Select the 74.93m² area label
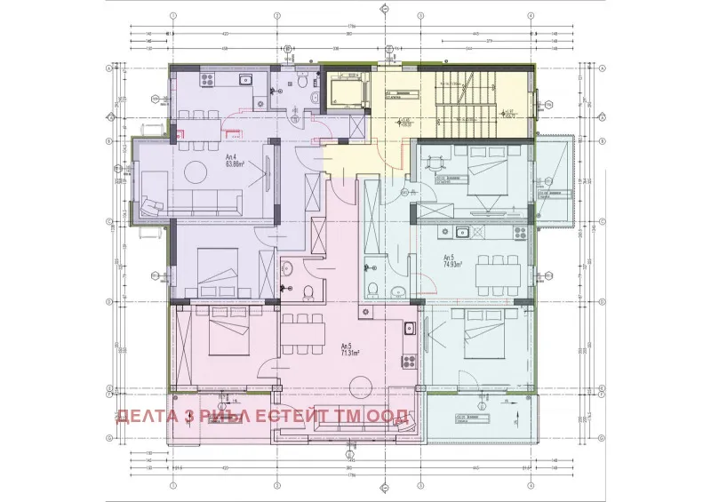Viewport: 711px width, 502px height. point(454,262)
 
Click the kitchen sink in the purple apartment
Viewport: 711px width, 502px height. point(247,79)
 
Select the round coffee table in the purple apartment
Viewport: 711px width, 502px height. point(190,172)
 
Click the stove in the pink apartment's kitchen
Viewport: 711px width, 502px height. point(409,361)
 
